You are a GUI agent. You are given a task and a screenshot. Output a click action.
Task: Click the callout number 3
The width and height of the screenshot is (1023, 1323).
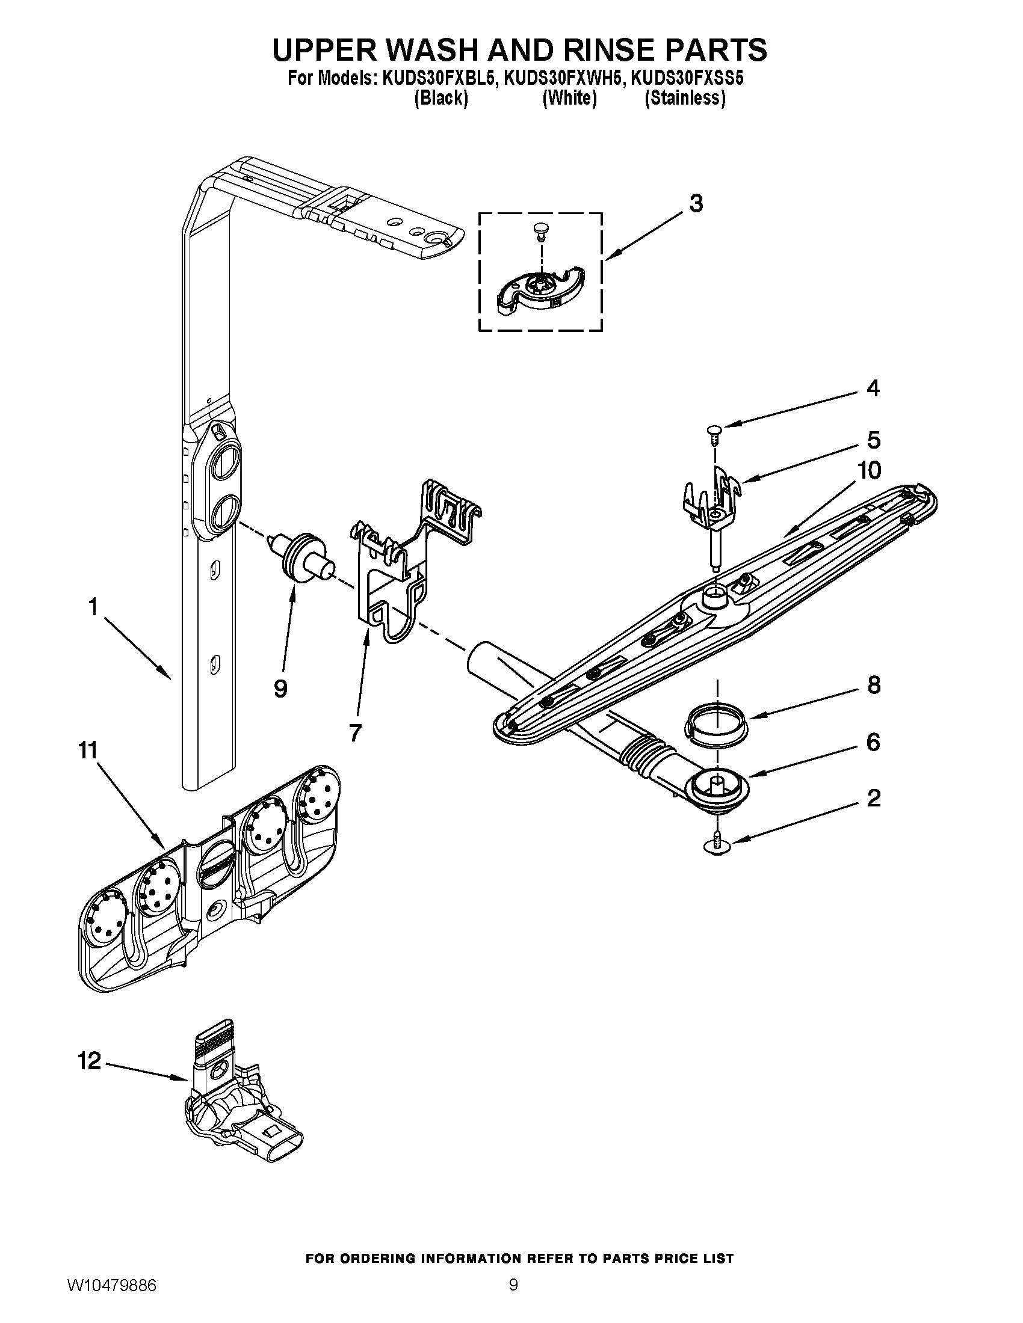(x=696, y=204)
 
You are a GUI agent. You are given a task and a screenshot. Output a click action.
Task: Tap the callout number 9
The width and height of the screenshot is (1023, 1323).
(x=280, y=688)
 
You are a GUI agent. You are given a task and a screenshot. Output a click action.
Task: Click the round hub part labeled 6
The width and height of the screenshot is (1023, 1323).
(x=717, y=787)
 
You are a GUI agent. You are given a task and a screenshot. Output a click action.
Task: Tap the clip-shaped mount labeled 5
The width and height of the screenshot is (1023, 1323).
(x=712, y=492)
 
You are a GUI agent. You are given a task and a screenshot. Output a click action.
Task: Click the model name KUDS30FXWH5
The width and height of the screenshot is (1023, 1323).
(x=559, y=79)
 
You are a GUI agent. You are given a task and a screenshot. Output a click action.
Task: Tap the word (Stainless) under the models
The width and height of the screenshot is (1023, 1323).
(x=685, y=98)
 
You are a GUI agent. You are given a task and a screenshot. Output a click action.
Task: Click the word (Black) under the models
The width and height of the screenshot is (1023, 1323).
(x=441, y=98)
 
